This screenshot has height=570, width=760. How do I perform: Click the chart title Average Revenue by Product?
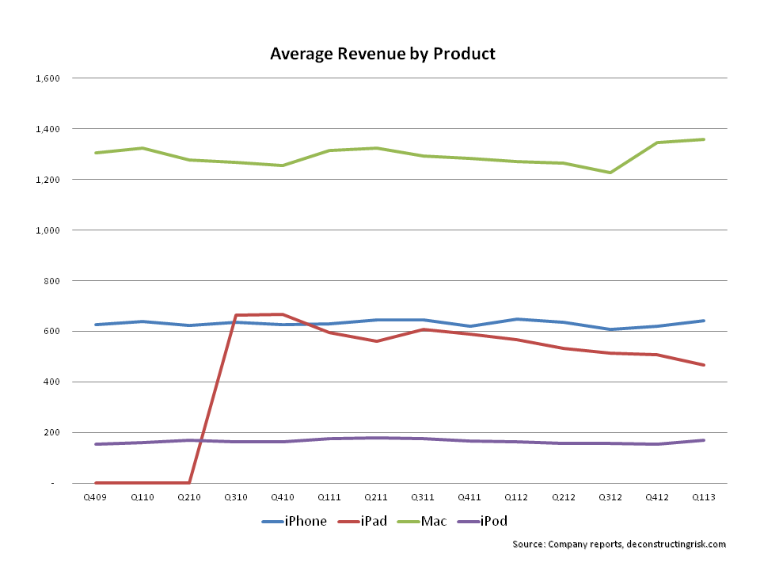(x=382, y=54)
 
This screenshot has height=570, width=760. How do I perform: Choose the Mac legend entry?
(x=417, y=521)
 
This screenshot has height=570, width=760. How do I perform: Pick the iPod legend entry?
(x=477, y=521)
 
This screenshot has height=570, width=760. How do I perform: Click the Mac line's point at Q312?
(x=610, y=173)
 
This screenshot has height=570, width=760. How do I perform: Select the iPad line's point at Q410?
(x=283, y=314)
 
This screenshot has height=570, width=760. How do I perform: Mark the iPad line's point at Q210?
(x=188, y=482)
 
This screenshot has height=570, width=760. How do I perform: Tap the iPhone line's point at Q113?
(x=704, y=321)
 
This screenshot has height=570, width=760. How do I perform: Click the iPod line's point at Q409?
(x=95, y=444)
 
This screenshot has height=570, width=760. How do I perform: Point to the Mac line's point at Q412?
(x=657, y=142)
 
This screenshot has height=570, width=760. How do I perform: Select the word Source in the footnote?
(x=527, y=544)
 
